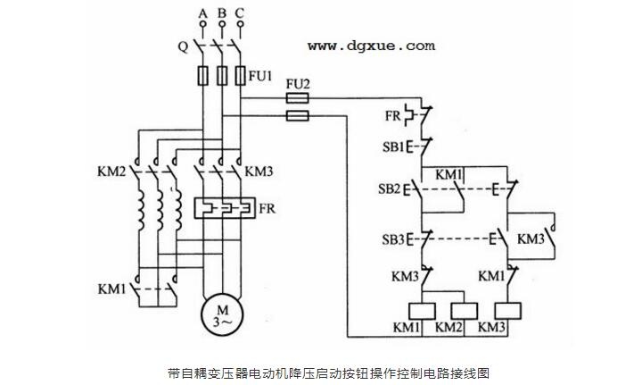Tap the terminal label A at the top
pos(202,13)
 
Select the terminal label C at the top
pos(240,13)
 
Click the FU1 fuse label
pos(260,75)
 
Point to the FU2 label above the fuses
pos(298,85)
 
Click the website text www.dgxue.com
pos(371,46)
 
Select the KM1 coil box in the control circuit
pos(422,311)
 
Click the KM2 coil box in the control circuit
pos(464,311)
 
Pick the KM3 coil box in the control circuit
pos(507,311)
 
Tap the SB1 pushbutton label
pos(393,146)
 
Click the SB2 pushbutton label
pos(390,189)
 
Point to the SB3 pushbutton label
pos(393,239)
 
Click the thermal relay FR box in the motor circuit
pos(225,208)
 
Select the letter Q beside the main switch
pos(183,46)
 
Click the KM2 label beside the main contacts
pos(111,171)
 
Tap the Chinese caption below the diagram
pos(329,373)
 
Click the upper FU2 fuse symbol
pos(297,98)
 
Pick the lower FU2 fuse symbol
pos(297,116)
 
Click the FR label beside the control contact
pos(392,115)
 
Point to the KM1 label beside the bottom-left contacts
pos(111,289)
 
